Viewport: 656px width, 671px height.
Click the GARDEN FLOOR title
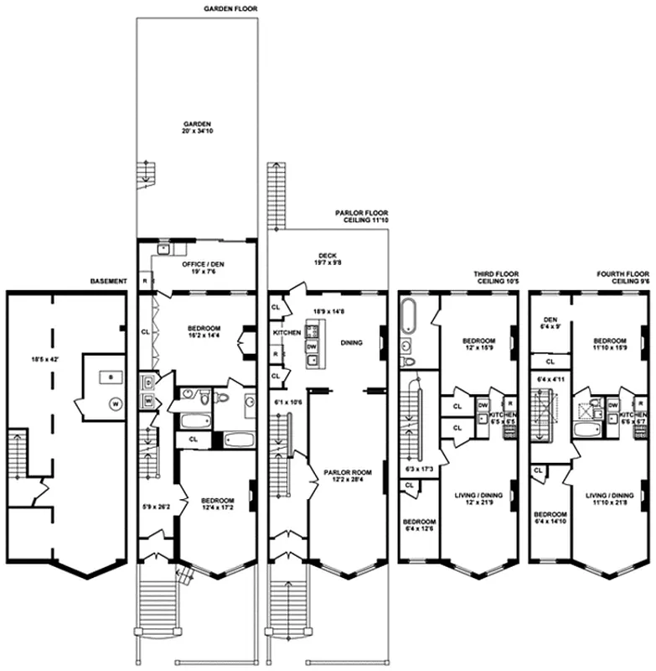[230, 8]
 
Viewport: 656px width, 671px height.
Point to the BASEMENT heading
[109, 282]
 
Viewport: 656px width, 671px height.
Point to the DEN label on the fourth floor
[550, 320]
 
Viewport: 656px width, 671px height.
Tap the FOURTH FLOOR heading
[622, 277]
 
